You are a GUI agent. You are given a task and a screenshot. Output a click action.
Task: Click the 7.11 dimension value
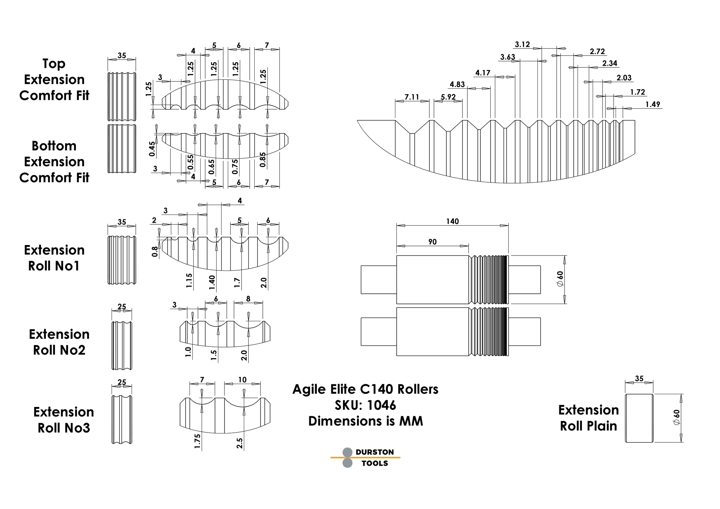pyautogui.click(x=412, y=97)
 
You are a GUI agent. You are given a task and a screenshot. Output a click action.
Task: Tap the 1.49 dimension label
pyautogui.click(x=653, y=104)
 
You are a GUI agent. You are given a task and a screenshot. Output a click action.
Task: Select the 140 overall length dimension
pyautogui.click(x=452, y=221)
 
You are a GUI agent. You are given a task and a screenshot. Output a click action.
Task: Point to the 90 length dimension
pyautogui.click(x=432, y=242)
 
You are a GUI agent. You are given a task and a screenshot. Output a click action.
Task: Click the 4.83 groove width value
pyautogui.click(x=457, y=84)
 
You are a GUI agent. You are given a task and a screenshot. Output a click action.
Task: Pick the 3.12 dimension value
pyautogui.click(x=522, y=44)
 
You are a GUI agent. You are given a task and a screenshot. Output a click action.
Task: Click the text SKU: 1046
pyautogui.click(x=365, y=405)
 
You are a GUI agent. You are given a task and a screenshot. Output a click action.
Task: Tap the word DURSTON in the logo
pyautogui.click(x=375, y=452)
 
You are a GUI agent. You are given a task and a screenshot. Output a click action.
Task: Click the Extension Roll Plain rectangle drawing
pyautogui.click(x=639, y=418)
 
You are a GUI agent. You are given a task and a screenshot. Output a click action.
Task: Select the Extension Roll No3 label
pyautogui.click(x=63, y=420)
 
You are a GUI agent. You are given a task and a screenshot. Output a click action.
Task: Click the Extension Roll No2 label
pyautogui.click(x=59, y=342)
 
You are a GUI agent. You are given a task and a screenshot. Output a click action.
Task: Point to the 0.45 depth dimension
pyautogui.click(x=152, y=149)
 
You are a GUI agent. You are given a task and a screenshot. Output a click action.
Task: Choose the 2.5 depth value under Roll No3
pyautogui.click(x=240, y=443)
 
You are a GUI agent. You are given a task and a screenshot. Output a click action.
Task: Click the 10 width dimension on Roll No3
pyautogui.click(x=242, y=380)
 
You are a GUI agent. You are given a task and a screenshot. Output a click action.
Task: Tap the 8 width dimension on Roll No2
pyautogui.click(x=248, y=299)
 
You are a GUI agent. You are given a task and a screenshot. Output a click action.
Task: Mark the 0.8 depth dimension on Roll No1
pyautogui.click(x=154, y=252)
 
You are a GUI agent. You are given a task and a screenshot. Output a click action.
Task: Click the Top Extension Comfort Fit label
pyautogui.click(x=54, y=79)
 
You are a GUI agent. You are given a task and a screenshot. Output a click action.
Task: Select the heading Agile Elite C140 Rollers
pyautogui.click(x=365, y=389)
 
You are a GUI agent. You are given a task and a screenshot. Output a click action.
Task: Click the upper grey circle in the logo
pyautogui.click(x=347, y=452)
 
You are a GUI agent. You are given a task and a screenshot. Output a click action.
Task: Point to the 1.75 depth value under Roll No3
pyautogui.click(x=197, y=441)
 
